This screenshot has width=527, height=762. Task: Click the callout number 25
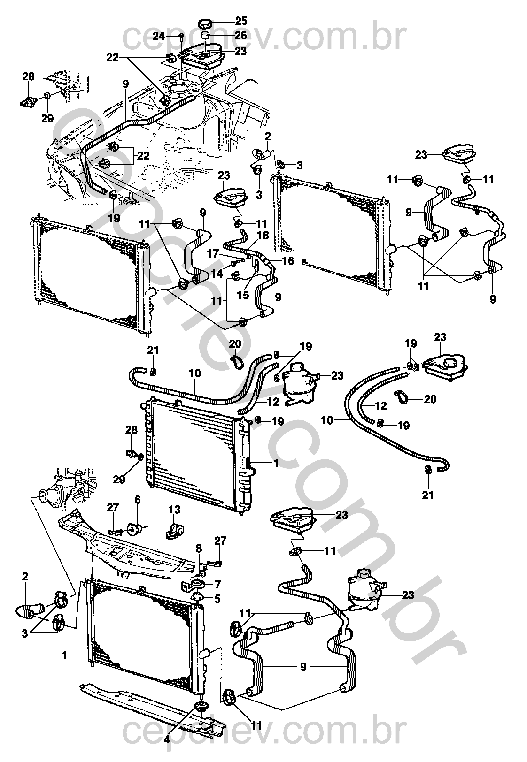241,21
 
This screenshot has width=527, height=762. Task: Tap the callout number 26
241,35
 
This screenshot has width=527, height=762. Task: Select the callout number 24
159,36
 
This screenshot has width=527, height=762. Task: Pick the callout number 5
217,598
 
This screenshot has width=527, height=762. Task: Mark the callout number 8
199,548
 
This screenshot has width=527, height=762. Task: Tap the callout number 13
174,510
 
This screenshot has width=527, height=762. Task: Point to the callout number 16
288,260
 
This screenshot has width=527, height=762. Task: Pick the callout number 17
213,254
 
